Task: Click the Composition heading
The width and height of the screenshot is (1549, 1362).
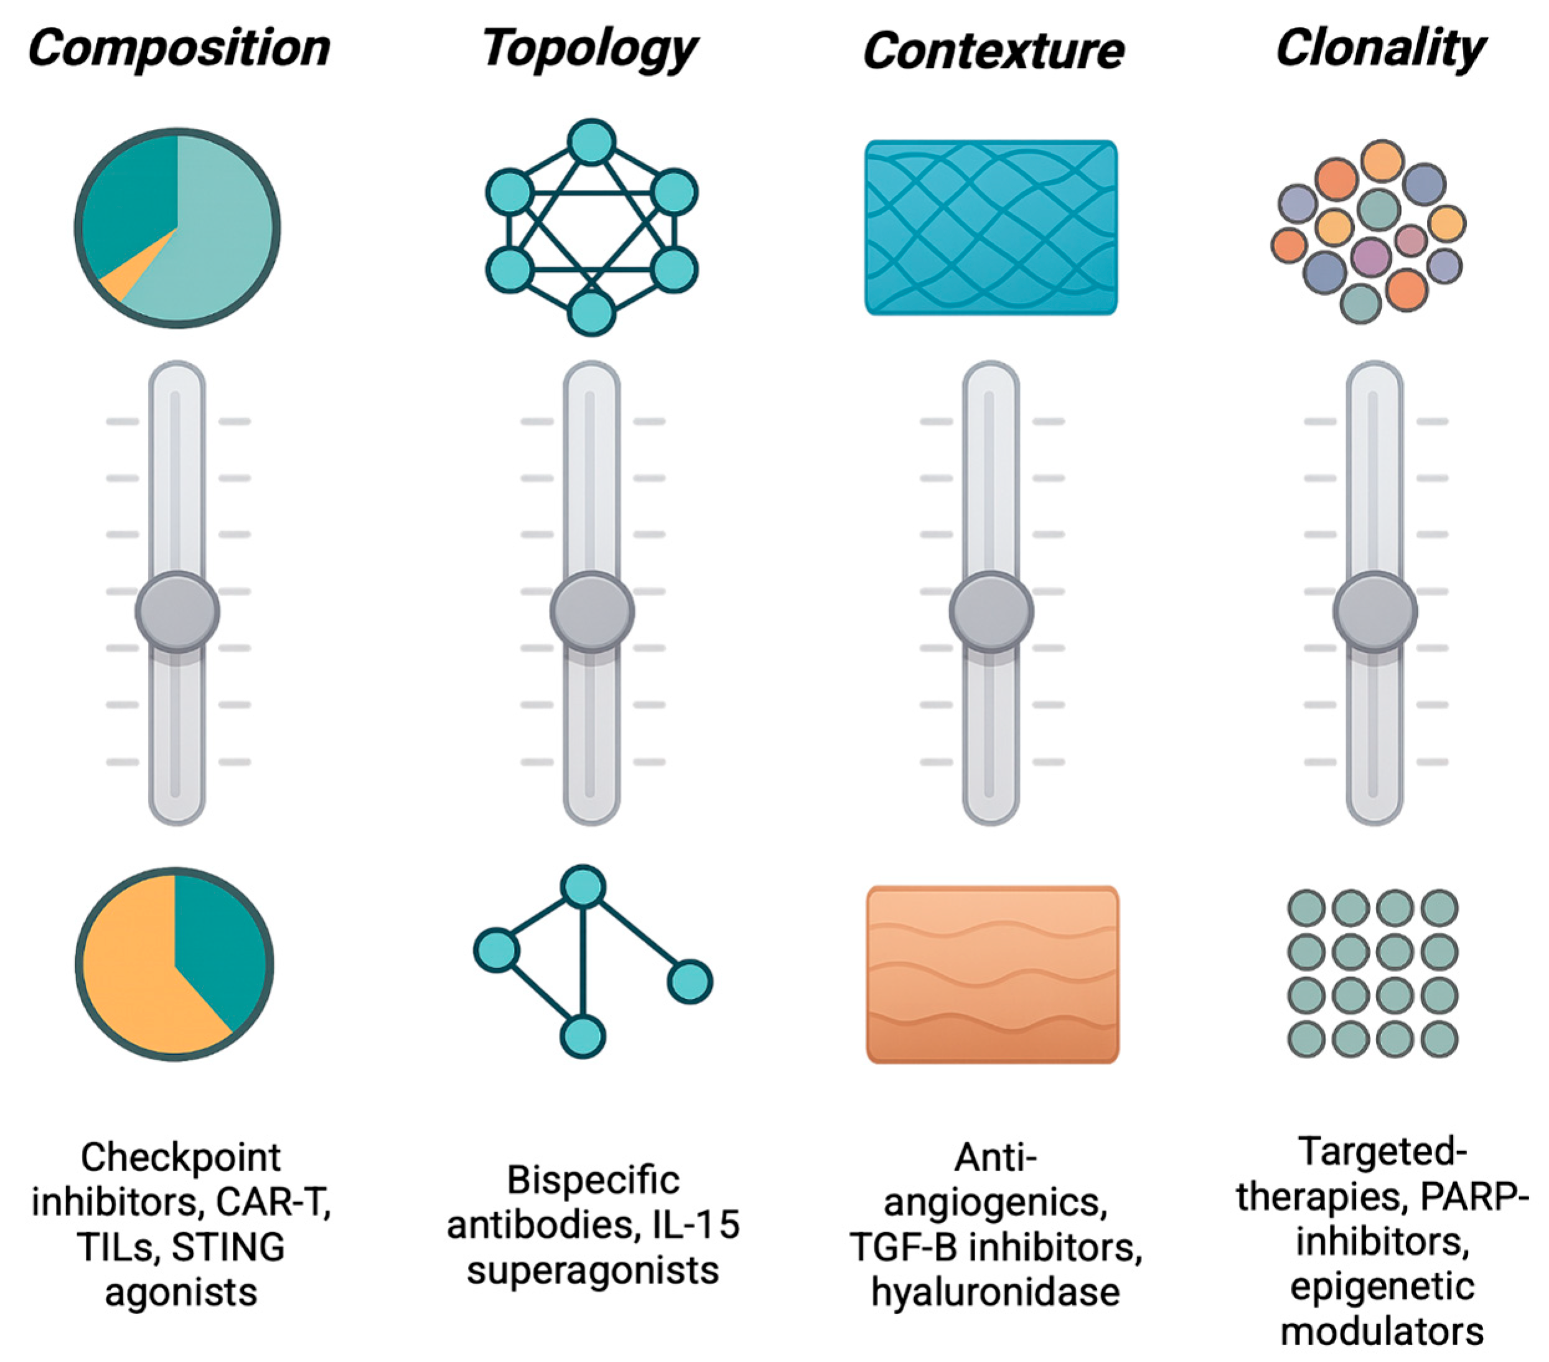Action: pyautogui.click(x=179, y=49)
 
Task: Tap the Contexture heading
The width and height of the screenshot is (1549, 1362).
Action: pyautogui.click(x=993, y=52)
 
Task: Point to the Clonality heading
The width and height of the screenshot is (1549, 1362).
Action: pyautogui.click(x=1381, y=49)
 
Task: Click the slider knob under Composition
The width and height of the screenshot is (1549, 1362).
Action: pyautogui.click(x=177, y=611)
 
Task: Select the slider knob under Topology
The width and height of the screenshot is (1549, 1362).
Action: pyautogui.click(x=592, y=611)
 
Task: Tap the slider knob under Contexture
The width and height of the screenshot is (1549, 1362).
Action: pyautogui.click(x=991, y=611)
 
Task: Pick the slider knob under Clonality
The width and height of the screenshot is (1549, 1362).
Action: pyautogui.click(x=1375, y=611)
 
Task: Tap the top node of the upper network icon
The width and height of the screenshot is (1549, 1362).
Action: pyautogui.click(x=591, y=142)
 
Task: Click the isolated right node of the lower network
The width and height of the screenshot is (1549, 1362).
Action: pyautogui.click(x=690, y=981)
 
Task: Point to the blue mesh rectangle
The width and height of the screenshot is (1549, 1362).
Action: pyautogui.click(x=991, y=227)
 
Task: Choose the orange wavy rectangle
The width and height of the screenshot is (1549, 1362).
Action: pyautogui.click(x=993, y=974)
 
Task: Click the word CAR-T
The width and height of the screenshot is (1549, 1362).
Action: pyautogui.click(x=274, y=1202)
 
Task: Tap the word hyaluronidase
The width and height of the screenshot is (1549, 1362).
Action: pyautogui.click(x=995, y=1292)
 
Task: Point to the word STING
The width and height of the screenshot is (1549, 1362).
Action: pyautogui.click(x=227, y=1247)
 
